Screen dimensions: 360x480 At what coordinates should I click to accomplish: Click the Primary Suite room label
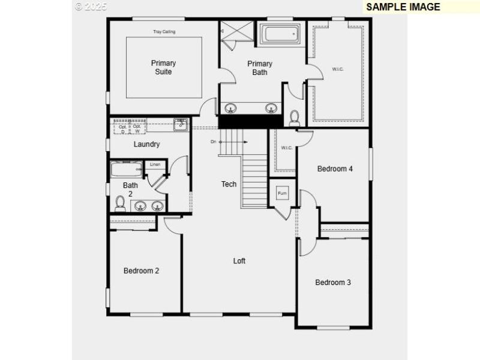click(x=163, y=67)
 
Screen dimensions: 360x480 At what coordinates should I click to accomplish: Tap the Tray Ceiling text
click(x=164, y=32)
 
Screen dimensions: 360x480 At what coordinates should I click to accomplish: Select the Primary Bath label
click(x=260, y=68)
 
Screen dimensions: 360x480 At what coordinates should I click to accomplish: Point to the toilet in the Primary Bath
click(x=295, y=118)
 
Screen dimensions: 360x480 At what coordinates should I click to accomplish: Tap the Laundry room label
click(x=146, y=144)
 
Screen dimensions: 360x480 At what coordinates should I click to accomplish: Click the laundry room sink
click(x=181, y=125)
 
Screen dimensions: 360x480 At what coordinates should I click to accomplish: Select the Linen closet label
click(x=155, y=164)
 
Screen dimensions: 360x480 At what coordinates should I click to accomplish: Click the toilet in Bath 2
click(x=120, y=203)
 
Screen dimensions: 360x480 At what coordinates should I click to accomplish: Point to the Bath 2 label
click(x=130, y=190)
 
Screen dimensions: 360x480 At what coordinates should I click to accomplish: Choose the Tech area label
click(x=229, y=184)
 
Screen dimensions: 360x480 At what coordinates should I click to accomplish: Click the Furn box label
click(x=282, y=193)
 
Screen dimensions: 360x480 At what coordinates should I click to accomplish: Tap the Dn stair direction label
click(x=213, y=142)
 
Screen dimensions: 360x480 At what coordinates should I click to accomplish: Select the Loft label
click(x=239, y=261)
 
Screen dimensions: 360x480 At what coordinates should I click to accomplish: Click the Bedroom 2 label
click(x=141, y=271)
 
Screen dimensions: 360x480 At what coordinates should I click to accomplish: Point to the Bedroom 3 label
click(x=333, y=282)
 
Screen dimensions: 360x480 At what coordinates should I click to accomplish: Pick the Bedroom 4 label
click(x=335, y=169)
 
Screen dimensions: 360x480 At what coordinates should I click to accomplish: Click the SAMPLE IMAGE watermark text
click(x=403, y=7)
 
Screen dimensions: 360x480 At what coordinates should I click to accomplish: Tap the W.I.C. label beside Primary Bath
click(x=337, y=69)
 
